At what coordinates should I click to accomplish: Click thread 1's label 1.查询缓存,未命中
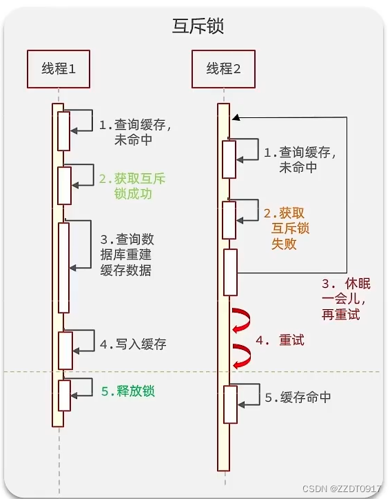click(134, 133)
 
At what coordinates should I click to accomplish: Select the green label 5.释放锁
click(128, 391)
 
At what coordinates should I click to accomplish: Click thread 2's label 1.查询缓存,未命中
click(300, 160)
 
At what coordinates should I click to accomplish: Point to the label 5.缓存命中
click(298, 398)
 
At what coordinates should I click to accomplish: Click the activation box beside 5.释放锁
click(64, 395)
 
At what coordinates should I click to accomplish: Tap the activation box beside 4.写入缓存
click(65, 351)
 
